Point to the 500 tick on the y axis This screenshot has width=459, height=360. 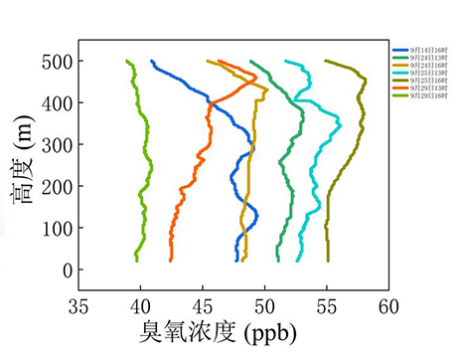coord(55,61)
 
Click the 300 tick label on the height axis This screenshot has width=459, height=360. coord(55,144)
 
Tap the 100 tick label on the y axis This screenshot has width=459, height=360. coord(55,228)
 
